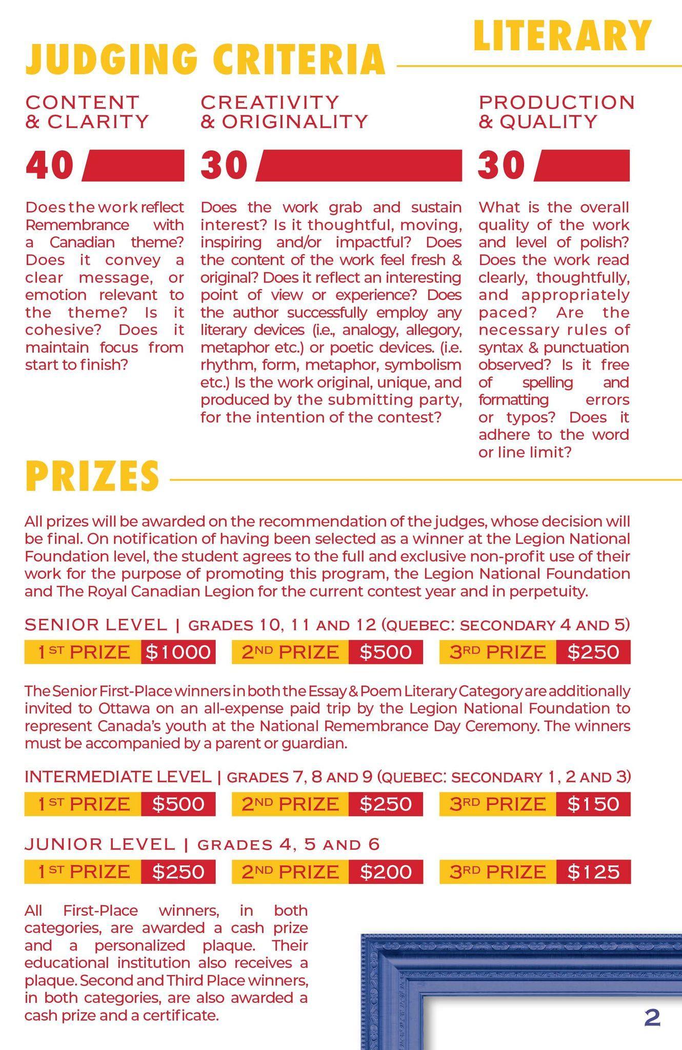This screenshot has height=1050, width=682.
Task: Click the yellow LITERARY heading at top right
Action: tap(562, 36)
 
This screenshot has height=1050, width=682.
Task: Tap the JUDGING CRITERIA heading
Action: tap(205, 59)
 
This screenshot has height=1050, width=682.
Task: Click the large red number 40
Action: tap(50, 166)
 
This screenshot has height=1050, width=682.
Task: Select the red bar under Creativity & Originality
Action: tap(359, 166)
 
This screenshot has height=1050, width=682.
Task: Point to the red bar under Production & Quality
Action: tap(582, 166)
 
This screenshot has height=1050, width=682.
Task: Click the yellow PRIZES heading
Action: tap(92, 476)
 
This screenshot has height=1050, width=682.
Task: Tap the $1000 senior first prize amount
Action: tap(178, 652)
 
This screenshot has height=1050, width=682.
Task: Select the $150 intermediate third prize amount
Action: tap(593, 804)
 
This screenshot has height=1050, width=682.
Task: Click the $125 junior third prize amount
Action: tap(593, 872)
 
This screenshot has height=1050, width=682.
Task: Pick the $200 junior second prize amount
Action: tap(386, 872)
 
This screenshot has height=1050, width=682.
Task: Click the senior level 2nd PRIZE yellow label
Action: tap(290, 652)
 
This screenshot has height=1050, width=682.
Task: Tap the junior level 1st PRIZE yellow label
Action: tap(83, 872)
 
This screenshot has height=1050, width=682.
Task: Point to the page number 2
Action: tap(652, 1018)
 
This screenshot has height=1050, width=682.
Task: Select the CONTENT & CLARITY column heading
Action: tap(87, 112)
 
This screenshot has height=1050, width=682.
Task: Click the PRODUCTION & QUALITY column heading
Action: tap(556, 112)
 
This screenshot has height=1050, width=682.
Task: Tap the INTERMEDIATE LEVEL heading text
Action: tap(118, 777)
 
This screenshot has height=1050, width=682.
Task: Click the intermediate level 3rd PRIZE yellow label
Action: tap(497, 804)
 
